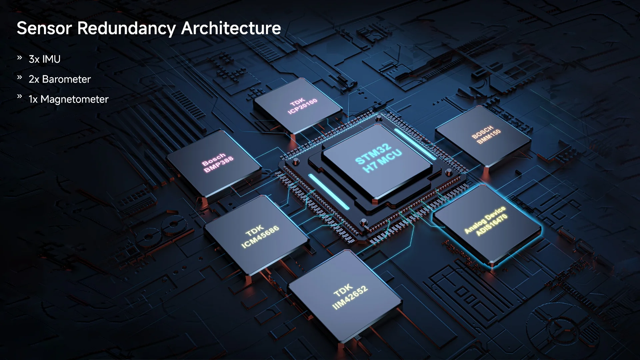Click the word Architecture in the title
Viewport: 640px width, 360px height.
pyautogui.click(x=231, y=28)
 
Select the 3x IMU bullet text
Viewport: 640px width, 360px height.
pyautogui.click(x=44, y=59)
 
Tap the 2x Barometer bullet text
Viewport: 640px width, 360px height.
pyautogui.click(x=60, y=79)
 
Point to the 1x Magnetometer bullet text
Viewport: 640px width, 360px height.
pyautogui.click(x=68, y=99)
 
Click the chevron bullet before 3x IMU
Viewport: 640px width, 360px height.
pyautogui.click(x=20, y=58)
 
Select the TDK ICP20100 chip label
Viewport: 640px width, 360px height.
pyautogui.click(x=302, y=106)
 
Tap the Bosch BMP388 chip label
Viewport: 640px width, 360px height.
pyautogui.click(x=217, y=163)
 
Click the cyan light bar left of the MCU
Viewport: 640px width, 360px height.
pyautogui.click(x=329, y=192)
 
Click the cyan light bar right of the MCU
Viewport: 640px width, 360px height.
pyautogui.click(x=415, y=143)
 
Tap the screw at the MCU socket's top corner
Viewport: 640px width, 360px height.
pyautogui.click(x=379, y=117)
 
